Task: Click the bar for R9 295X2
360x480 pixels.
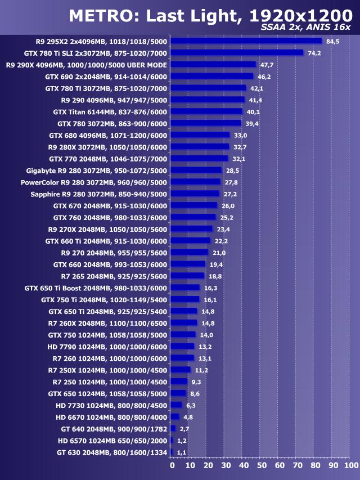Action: pos(246,41)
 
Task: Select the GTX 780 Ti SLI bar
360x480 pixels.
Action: pos(237,53)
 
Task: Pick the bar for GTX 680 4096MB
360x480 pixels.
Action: pos(200,135)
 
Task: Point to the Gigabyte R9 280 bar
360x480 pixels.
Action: pos(196,170)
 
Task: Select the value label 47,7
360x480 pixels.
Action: pos(267,65)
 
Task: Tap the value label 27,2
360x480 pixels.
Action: pos(231,194)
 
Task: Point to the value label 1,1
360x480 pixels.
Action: pos(182,452)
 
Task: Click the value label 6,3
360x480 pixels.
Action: pos(191,405)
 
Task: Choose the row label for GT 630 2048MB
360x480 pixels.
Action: pos(112,452)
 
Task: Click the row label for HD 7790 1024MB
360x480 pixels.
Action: pos(107,347)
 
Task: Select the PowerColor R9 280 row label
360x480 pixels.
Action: pos(94,182)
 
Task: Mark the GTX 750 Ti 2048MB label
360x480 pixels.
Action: pos(104,299)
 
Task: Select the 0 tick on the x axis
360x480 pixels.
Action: pos(172,466)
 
